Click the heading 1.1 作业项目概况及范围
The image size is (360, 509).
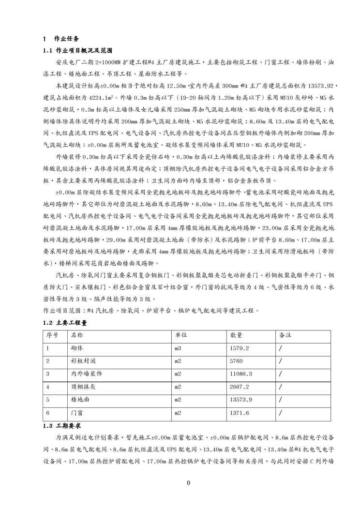[x=78, y=50]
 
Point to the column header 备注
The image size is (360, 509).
[x=285, y=335]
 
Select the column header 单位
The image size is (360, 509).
[x=181, y=335]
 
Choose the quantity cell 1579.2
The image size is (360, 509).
[x=240, y=348]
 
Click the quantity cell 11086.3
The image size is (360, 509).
[x=241, y=374]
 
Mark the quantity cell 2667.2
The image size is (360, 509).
[x=240, y=387]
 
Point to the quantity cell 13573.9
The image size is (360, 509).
[x=241, y=400]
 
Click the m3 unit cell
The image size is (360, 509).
[x=178, y=348]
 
